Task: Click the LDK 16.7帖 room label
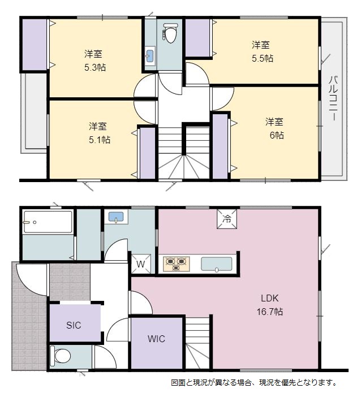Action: [x=270, y=305]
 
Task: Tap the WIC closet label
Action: [x=156, y=339]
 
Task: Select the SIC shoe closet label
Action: [x=74, y=325]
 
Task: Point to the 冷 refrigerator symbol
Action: [x=227, y=219]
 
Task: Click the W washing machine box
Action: [x=141, y=264]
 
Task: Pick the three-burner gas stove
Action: [x=177, y=264]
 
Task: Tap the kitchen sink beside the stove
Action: [x=217, y=264]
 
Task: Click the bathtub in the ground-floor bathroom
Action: [x=48, y=222]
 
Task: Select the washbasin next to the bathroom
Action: [x=116, y=217]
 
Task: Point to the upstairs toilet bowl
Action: [x=170, y=32]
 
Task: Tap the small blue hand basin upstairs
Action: [x=150, y=55]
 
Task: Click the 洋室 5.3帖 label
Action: [x=95, y=61]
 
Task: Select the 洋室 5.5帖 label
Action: [x=263, y=51]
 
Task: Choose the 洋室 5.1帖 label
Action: [x=100, y=133]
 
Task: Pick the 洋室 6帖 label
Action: [x=274, y=128]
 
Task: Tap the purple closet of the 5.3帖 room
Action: [x=35, y=44]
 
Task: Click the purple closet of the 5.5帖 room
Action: [x=197, y=38]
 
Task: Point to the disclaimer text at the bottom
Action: [x=254, y=382]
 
